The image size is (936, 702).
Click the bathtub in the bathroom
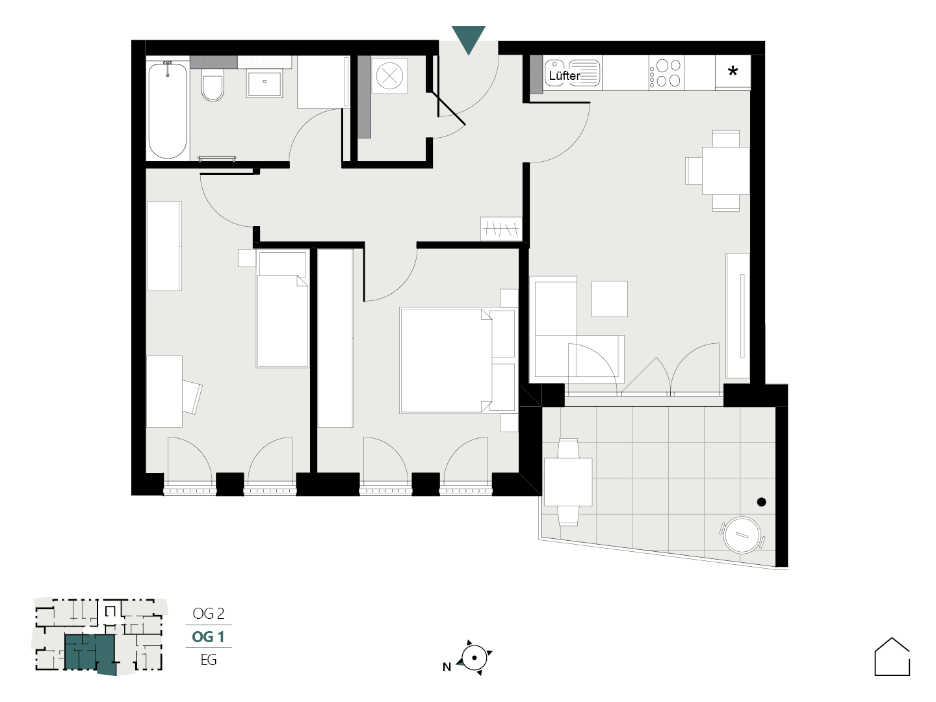pos(167,110)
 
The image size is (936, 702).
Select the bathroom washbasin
pos(265,84)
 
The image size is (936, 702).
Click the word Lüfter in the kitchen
pos(564,76)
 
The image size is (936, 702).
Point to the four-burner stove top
pos(666,72)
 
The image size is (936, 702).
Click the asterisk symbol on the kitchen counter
pos(733,71)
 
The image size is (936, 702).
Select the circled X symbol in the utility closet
pos(389,76)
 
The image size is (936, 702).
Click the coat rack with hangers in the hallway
pos(501,229)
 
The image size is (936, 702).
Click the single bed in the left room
pos(282,309)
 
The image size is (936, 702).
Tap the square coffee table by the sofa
pos(609,299)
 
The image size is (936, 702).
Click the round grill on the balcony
pos(742,535)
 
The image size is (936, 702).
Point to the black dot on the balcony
pos(762,502)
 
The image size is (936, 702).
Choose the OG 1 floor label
pos(208,637)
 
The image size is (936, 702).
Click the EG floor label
pos(209,660)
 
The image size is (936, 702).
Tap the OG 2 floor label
pos(209,614)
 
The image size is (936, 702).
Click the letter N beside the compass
pos(447,667)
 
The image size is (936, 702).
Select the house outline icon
pos(892,656)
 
